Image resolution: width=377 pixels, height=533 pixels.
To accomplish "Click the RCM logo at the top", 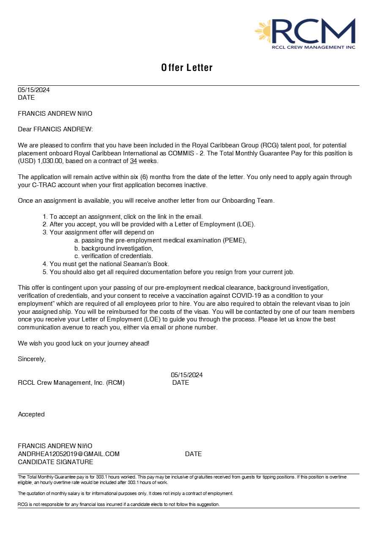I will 306,33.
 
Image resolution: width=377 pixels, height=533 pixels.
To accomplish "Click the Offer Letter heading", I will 187,68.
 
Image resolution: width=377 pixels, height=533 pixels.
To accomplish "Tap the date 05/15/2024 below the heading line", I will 34,90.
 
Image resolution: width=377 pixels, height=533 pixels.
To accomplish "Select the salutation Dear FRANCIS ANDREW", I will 55,129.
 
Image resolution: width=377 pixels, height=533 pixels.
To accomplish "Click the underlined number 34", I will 134,161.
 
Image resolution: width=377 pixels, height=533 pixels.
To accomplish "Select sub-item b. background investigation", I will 114,248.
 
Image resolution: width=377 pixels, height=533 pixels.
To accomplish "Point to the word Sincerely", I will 32,359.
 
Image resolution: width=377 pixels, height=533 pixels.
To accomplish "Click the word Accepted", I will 31,414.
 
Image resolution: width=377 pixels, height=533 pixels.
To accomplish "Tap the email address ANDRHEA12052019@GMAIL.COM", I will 68,454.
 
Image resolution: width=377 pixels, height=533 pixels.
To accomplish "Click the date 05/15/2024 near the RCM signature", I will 187,375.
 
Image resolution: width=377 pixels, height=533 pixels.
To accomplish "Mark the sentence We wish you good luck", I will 83,343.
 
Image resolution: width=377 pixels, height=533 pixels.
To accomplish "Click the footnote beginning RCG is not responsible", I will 119,504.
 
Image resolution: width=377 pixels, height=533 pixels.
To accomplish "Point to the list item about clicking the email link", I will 126,217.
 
